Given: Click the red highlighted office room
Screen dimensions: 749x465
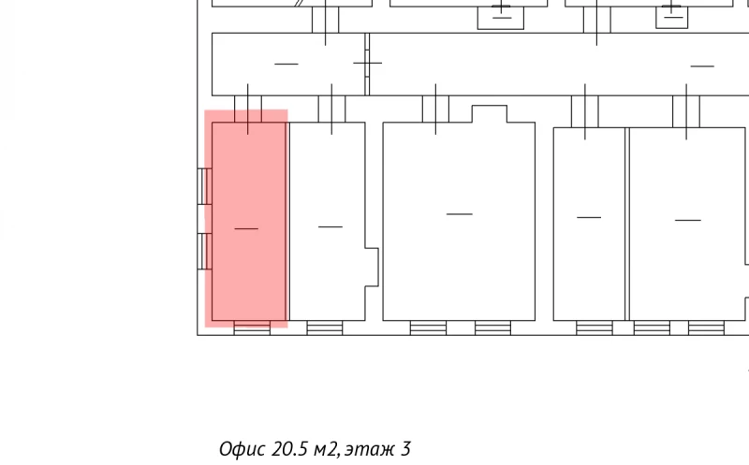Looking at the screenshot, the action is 246,219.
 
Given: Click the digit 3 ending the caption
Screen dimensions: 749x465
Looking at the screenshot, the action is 406,449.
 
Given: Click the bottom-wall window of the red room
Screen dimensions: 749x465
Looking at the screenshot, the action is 252,328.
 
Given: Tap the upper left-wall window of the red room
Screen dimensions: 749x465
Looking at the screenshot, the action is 204,186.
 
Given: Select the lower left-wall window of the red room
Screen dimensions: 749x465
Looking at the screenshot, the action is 204,251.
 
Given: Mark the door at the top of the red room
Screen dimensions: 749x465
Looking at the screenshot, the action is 248,109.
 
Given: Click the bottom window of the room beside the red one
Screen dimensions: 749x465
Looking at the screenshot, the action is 324,328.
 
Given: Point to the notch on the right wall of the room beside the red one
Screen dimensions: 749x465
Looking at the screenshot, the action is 372,268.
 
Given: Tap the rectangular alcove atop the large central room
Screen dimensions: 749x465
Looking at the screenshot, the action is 490,113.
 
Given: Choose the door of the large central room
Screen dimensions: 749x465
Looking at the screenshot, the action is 435,109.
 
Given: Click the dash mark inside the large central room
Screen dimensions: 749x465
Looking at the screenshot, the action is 460,214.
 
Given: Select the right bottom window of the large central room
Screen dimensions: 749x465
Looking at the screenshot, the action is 493,328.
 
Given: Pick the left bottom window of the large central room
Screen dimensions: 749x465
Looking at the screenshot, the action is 428,328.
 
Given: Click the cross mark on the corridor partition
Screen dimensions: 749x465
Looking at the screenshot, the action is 367,63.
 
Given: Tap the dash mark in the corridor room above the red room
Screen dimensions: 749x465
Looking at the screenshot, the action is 286,64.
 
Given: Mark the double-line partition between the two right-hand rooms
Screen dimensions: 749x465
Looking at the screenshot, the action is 627,224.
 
